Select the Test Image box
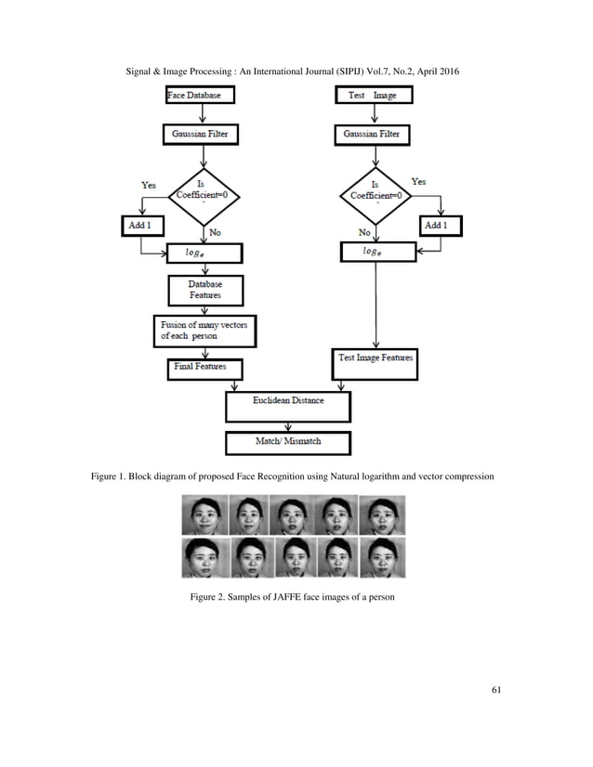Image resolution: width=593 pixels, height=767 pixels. (373, 95)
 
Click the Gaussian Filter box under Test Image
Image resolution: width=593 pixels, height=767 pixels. (373, 135)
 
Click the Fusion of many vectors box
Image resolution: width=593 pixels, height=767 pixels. (204, 330)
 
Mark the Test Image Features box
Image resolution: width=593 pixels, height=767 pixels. (374, 358)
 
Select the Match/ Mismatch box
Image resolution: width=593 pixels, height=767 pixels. (288, 442)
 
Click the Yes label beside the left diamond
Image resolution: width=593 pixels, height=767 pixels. (149, 185)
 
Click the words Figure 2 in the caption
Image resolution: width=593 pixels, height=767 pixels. (211, 596)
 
